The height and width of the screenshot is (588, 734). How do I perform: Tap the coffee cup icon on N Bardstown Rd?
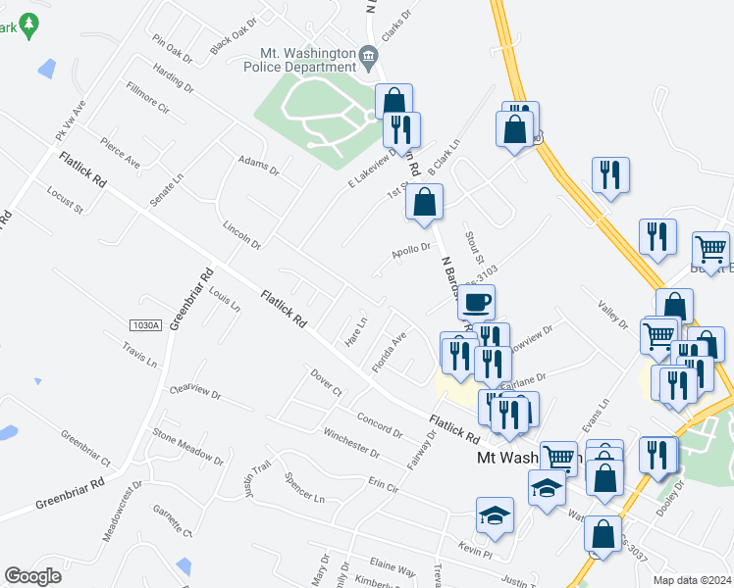pyautogui.click(x=477, y=302)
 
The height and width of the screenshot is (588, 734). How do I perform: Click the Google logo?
pyautogui.click(x=32, y=576)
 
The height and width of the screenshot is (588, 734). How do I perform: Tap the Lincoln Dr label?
pyautogui.click(x=242, y=234)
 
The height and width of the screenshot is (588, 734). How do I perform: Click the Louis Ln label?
pyautogui.click(x=224, y=300)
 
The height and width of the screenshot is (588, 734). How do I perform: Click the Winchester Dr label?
pyautogui.click(x=350, y=442)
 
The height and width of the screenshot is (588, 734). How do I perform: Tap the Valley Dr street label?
pyautogui.click(x=613, y=315)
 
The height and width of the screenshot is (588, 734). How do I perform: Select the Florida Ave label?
pyautogui.click(x=389, y=353)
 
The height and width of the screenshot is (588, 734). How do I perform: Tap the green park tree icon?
pyautogui.click(x=29, y=24)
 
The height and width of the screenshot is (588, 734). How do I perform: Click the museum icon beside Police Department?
pyautogui.click(x=369, y=56)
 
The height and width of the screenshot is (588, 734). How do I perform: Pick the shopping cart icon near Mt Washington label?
pyautogui.click(x=558, y=456)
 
